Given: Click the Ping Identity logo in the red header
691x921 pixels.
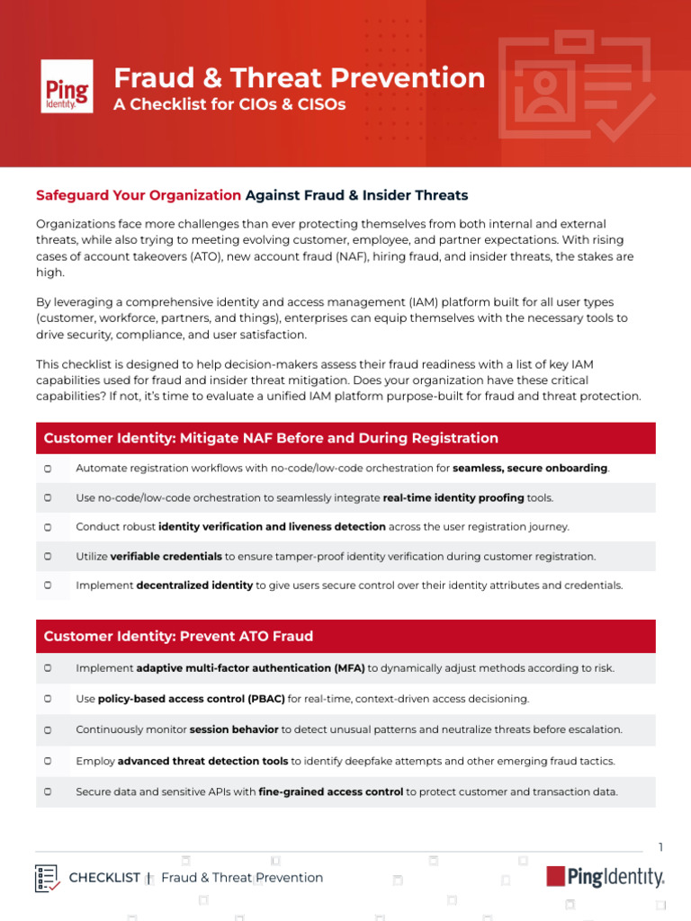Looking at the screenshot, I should (67, 86).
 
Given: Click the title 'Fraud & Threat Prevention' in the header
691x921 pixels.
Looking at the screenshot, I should (299, 78).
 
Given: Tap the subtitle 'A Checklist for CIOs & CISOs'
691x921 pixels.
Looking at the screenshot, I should (229, 104).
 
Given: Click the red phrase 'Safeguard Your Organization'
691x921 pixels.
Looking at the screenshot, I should (139, 195).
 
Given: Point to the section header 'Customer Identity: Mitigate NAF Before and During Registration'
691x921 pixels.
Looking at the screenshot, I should (271, 438).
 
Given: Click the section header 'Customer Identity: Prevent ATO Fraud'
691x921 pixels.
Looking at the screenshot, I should (178, 636).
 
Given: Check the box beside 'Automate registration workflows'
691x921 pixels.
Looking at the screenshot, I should (48, 469).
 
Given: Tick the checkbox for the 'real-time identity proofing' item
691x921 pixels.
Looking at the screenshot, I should (48, 497).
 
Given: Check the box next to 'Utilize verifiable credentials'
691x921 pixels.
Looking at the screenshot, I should (48, 557).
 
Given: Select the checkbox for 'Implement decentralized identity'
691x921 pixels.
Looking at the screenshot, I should (48, 586).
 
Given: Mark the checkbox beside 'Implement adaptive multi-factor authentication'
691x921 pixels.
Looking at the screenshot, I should (48, 668).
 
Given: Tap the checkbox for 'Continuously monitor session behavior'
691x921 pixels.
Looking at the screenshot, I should (48, 729).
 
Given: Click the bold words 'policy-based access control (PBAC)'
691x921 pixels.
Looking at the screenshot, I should (191, 699).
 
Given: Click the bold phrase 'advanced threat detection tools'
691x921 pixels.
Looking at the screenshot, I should (202, 761).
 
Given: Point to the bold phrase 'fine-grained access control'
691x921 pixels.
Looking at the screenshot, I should (330, 792).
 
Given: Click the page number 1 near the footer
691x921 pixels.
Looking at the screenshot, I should (660, 847).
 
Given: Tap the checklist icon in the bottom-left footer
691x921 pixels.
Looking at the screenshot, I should (48, 878).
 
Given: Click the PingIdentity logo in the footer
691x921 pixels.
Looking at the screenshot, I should (605, 877).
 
